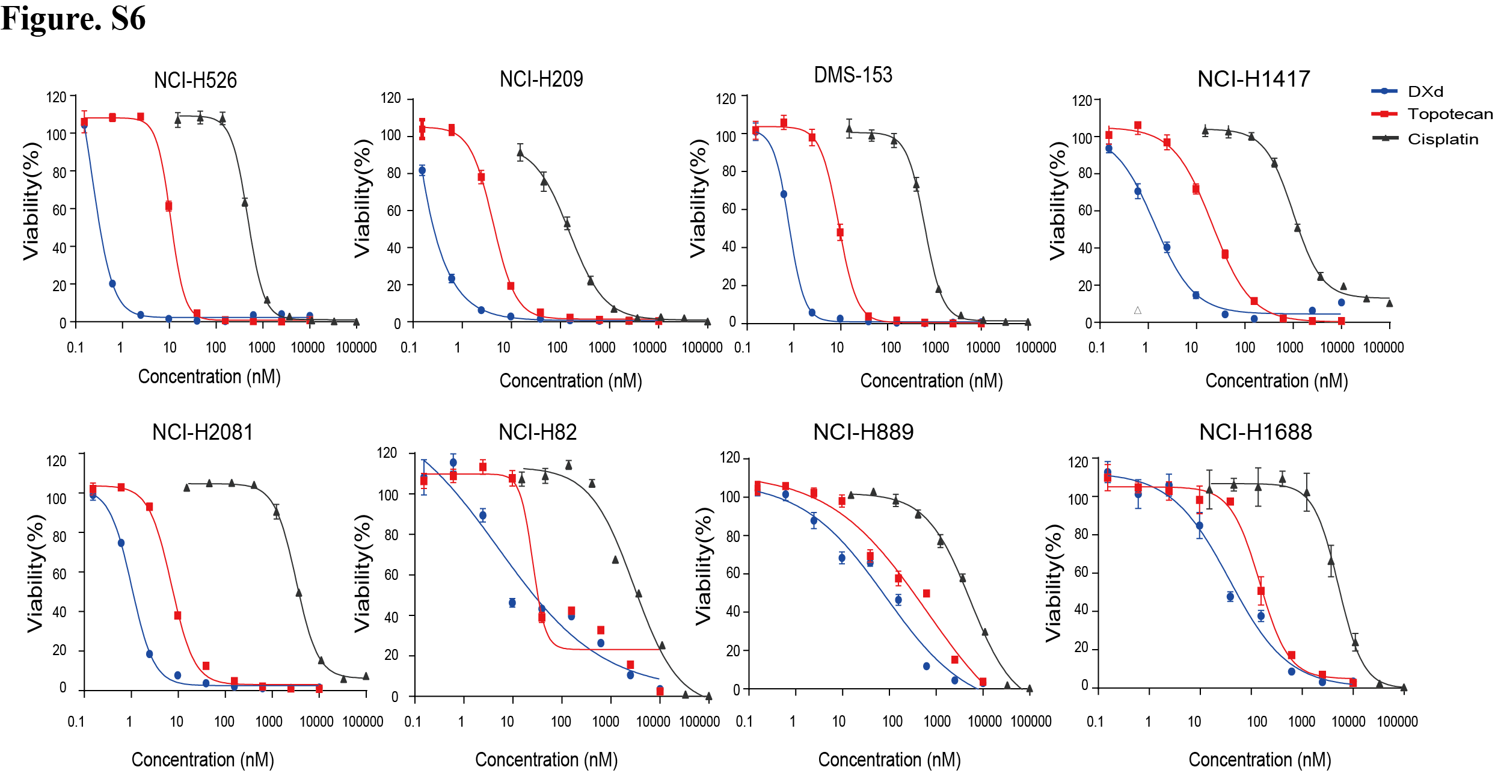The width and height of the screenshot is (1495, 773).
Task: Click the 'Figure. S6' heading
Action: point(73,18)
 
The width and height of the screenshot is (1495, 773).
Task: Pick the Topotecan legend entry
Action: point(1449,114)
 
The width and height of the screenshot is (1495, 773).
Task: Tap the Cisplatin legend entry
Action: point(1442,139)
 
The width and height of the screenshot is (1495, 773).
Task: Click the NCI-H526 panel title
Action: point(195,80)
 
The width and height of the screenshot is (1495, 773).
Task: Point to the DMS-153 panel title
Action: point(853,75)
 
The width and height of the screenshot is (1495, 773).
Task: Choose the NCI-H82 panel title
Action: point(538,432)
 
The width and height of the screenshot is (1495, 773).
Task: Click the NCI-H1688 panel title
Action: point(1255,432)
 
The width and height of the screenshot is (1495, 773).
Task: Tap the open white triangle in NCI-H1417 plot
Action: point(1137,310)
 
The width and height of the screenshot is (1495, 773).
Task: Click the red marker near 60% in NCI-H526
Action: point(168,206)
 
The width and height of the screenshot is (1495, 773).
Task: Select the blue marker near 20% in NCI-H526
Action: point(112,283)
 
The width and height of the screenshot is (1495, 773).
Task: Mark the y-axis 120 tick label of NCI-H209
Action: point(391,98)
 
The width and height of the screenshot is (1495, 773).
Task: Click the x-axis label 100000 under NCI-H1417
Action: point(1383,348)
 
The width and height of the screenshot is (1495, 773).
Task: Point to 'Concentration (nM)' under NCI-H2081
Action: point(203,759)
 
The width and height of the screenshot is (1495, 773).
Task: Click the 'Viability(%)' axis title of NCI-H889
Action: point(704,566)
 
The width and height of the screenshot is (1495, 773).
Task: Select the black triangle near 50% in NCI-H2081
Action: point(299,593)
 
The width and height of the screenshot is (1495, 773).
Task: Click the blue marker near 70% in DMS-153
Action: point(784,194)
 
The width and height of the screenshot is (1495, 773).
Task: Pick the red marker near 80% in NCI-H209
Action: point(481,177)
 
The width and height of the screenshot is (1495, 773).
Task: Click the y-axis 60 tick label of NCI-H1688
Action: point(1081,572)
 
